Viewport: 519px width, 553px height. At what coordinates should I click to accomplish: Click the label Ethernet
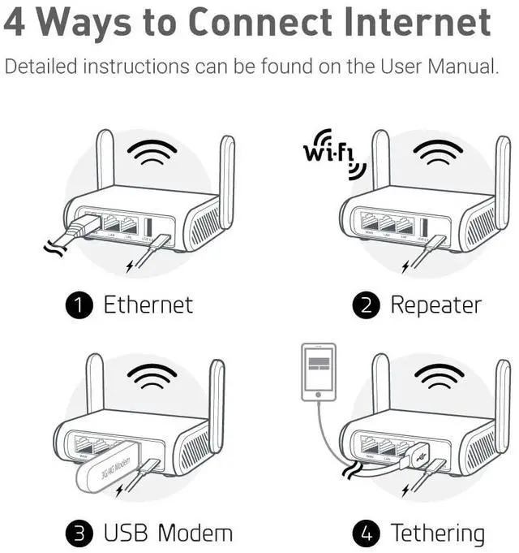[x=148, y=305]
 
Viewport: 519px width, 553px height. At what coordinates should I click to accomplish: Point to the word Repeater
[x=435, y=305]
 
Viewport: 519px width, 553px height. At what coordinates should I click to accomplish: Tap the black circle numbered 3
[x=79, y=533]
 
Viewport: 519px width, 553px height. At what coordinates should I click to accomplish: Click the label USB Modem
[x=167, y=533]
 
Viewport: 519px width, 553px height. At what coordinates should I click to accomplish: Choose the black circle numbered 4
[x=366, y=533]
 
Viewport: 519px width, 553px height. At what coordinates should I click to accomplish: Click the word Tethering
[x=437, y=533]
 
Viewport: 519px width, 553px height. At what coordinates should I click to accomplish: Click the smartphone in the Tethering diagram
[x=317, y=372]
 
